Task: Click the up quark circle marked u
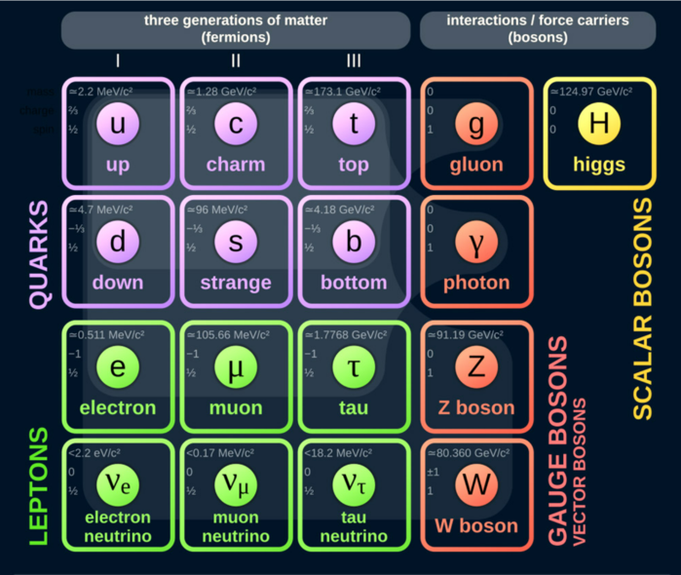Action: click(x=118, y=124)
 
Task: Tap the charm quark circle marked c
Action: click(x=236, y=124)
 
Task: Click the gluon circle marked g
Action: click(x=476, y=125)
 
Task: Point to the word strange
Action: click(x=236, y=283)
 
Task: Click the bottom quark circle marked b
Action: click(x=354, y=242)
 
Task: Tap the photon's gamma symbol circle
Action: click(x=476, y=243)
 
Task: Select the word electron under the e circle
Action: click(x=118, y=407)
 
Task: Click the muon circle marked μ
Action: click(x=236, y=366)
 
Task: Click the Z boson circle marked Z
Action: click(x=476, y=366)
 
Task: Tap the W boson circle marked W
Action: click(x=476, y=484)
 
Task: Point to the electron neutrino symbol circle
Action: click(x=118, y=484)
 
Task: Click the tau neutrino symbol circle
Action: click(x=354, y=484)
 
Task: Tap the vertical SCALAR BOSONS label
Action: click(x=644, y=308)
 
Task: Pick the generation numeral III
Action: click(x=354, y=61)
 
